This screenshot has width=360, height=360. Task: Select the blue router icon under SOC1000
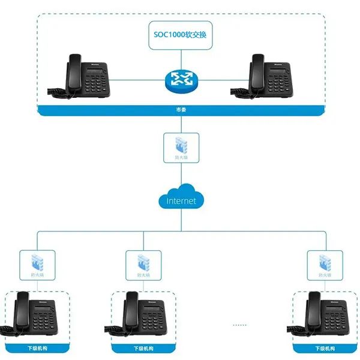(181, 78)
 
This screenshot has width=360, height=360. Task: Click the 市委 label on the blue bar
(181, 110)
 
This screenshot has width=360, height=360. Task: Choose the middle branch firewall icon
(143, 262)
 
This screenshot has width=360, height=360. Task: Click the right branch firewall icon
(325, 262)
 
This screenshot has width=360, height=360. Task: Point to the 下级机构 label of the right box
(324, 349)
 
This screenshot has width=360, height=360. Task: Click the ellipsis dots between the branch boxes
(239, 325)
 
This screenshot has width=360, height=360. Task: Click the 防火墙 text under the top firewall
(181, 157)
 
